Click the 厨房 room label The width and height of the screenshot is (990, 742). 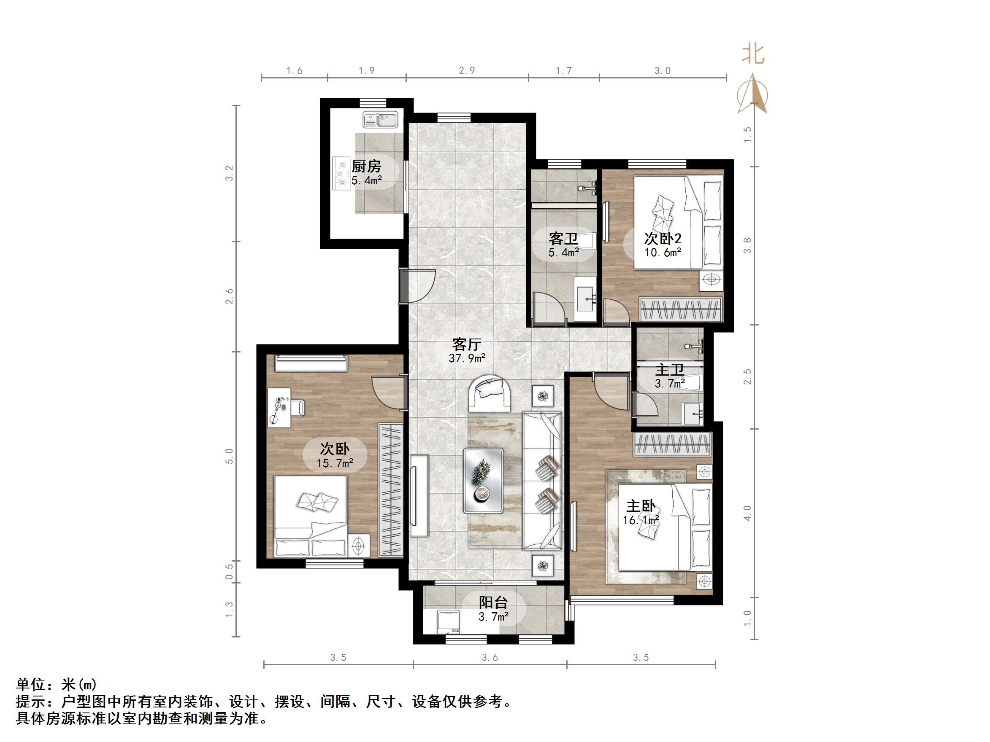366,167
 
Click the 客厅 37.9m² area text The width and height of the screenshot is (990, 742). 467,351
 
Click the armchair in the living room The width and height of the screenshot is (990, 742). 490,394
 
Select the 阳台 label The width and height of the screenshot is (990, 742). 493,602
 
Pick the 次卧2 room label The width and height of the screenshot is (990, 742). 663,238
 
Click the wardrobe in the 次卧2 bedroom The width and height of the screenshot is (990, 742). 680,309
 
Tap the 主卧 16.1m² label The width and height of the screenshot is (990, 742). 641,513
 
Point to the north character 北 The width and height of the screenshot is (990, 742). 753,54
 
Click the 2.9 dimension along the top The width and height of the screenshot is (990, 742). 467,71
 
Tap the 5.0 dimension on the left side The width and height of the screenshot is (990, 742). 229,456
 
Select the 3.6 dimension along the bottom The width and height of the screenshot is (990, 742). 490,657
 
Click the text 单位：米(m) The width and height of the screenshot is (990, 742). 57,685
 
